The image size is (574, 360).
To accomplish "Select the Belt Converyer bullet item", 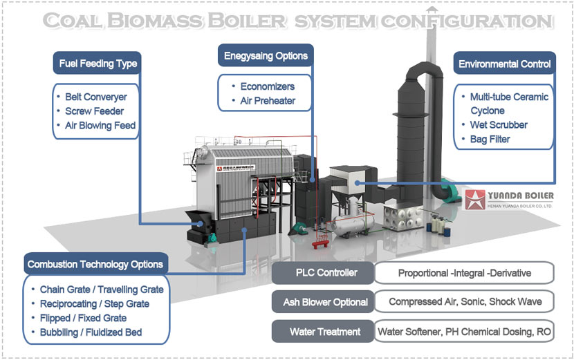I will [x=95, y=97].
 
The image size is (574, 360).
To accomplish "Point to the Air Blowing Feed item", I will [x=100, y=126].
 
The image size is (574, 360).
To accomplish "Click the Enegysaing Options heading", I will [x=266, y=56].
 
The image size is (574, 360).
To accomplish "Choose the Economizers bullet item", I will [x=267, y=86].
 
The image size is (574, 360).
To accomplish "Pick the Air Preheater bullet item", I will [x=268, y=101].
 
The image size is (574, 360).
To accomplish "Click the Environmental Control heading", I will [x=504, y=64].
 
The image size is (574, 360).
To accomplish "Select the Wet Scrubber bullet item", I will [x=499, y=125].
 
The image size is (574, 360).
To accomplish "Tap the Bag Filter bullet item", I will [x=490, y=139].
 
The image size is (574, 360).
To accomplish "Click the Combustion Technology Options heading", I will [x=95, y=264].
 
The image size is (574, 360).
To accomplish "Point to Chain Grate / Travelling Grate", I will [x=102, y=290].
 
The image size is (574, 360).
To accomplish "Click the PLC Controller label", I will [x=322, y=273].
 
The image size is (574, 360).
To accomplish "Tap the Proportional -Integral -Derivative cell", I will [x=464, y=273].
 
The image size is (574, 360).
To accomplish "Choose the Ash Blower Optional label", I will [x=322, y=302].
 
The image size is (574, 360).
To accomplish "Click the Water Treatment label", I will [x=322, y=332].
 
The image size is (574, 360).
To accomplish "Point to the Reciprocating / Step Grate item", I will [x=95, y=304].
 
